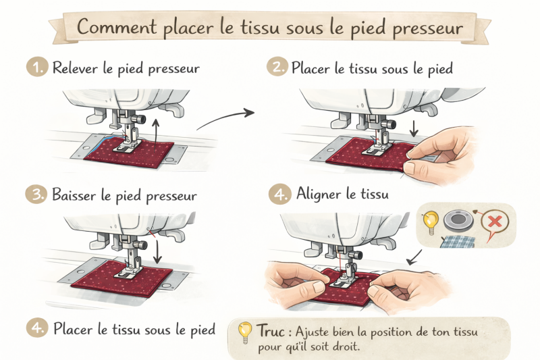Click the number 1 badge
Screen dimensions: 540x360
(37, 66)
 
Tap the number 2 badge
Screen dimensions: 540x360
(277, 66)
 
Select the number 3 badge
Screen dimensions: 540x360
(36, 194)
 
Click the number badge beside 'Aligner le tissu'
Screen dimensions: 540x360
(279, 195)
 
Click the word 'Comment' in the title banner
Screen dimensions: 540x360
(116, 27)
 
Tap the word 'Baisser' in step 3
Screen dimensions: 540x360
(74, 195)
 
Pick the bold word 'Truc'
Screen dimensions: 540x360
(271, 331)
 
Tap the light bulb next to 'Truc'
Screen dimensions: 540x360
(245, 332)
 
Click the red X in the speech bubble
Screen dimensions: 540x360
(495, 221)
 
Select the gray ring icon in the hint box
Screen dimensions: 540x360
(458, 221)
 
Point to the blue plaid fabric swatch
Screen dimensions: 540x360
(458, 242)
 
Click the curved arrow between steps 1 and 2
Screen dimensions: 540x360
(225, 118)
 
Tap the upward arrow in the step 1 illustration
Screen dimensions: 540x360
(156, 136)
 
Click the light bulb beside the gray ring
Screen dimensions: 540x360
(430, 222)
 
